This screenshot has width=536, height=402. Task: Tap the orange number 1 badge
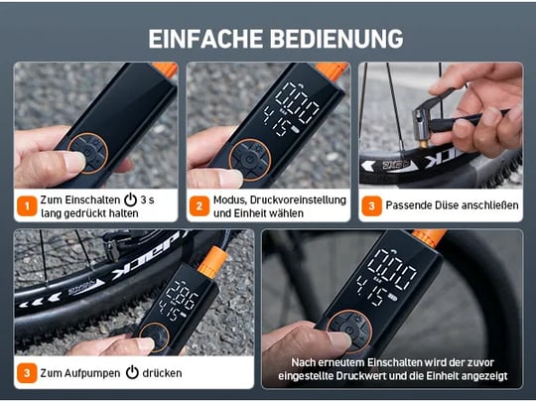27,205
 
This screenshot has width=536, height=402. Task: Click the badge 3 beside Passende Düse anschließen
371,205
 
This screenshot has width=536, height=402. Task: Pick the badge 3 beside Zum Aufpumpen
27,373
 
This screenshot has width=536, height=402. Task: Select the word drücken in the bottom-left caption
162,373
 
